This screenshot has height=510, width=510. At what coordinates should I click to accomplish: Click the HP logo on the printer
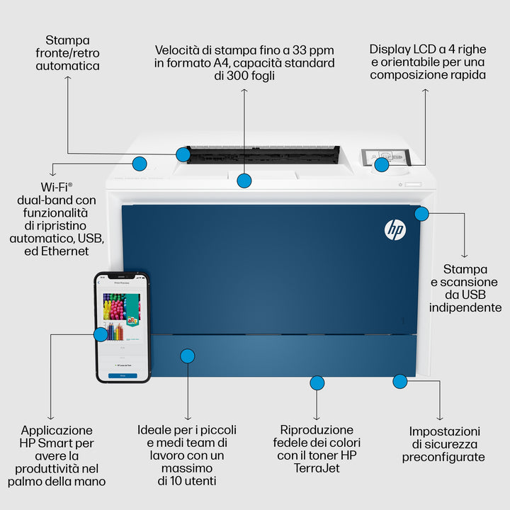pos(395,229)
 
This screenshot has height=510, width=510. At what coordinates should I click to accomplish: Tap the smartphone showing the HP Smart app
pos(123,327)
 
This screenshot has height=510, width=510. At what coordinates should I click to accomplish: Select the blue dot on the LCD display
pos(381,165)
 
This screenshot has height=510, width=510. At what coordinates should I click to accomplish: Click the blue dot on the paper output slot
pos(183,154)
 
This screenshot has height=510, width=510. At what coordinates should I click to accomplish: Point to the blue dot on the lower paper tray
pos(188,356)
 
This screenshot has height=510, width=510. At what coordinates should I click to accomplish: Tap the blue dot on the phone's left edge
pos(101,334)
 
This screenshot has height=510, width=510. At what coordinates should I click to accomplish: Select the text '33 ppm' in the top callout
pos(310,50)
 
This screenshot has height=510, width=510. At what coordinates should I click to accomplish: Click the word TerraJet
pos(316,468)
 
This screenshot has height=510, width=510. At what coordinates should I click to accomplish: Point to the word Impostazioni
pos(444,431)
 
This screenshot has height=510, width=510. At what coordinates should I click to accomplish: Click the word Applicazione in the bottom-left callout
pos(57,430)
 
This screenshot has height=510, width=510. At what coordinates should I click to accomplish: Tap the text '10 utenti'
pos(187,481)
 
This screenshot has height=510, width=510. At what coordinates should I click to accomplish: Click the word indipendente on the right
pos(465,307)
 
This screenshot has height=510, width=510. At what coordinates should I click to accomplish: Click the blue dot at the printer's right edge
pos(421,213)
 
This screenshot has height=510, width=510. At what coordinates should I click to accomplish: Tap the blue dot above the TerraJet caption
pos(317,383)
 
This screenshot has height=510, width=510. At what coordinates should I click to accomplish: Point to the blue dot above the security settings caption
pos(399,382)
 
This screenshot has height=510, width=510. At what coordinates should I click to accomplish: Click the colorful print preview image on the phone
pos(122,312)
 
